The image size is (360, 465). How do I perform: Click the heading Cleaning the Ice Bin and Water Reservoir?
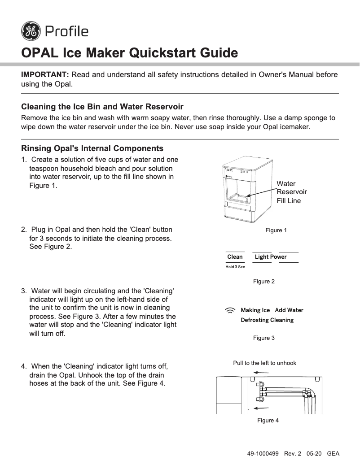pyautogui.click(x=102, y=107)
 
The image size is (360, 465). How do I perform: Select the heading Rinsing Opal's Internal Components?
pyautogui.click(x=92, y=148)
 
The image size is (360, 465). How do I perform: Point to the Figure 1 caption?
pyautogui.click(x=276, y=230)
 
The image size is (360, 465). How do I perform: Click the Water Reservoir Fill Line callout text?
pyautogui.click(x=291, y=192)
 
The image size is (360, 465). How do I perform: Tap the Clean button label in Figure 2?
pyautogui.click(x=235, y=257)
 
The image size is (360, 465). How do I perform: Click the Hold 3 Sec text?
pyautogui.click(x=235, y=267)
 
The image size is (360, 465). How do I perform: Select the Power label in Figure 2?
pyautogui.click(x=278, y=257)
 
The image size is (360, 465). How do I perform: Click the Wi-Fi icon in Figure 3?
pyautogui.click(x=230, y=310)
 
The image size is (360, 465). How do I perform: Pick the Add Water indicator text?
pyautogui.click(x=289, y=310)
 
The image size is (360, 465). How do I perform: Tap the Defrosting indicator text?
pyautogui.click(x=255, y=320)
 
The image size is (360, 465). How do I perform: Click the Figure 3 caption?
pyautogui.click(x=263, y=338)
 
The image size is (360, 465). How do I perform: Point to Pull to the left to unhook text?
pyautogui.click(x=264, y=363)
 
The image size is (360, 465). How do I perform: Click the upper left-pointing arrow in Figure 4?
pyautogui.click(x=261, y=373)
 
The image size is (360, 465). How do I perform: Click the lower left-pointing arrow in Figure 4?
pyautogui.click(x=261, y=408)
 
